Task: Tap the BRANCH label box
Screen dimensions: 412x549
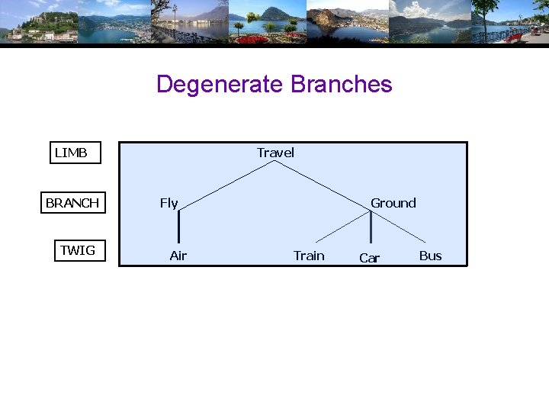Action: tap(72, 203)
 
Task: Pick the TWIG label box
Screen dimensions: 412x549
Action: tap(78, 250)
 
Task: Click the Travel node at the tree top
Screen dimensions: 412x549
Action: tap(275, 153)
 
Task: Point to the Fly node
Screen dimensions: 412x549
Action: tap(169, 203)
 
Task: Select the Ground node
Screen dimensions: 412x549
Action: tap(393, 203)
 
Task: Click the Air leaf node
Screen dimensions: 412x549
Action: tap(178, 256)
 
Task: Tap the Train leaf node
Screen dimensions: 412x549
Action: tap(309, 256)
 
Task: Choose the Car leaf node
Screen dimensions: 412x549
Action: tap(369, 259)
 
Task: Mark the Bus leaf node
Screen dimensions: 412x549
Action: tap(430, 256)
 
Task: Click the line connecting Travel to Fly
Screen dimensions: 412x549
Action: tap(225, 184)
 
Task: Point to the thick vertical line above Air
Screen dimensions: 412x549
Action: tap(179, 227)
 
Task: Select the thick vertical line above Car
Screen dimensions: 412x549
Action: tap(371, 227)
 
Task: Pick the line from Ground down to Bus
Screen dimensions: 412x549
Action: tap(400, 227)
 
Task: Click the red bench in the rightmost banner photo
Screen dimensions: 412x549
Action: tap(515, 37)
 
